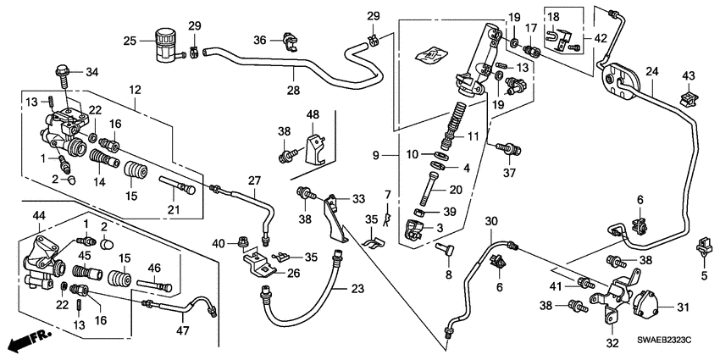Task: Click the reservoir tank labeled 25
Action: (163, 45)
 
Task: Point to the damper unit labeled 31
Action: (649, 301)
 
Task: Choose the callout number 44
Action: (39, 219)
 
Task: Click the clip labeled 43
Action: (689, 100)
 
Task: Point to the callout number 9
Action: (385, 155)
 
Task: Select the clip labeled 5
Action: (702, 249)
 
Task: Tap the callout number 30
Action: (490, 222)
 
